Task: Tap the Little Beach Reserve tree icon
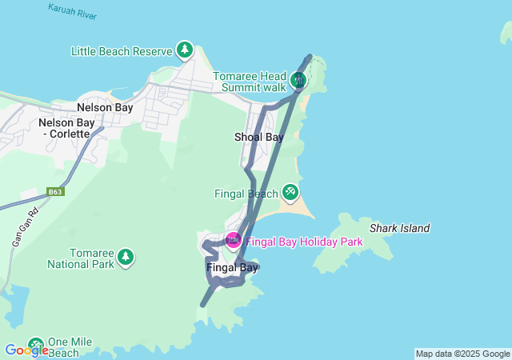(186, 50)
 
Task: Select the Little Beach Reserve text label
(122, 51)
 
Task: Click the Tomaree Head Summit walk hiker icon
(298, 79)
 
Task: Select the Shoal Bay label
(258, 137)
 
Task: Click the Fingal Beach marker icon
(290, 192)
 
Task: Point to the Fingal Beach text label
(246, 194)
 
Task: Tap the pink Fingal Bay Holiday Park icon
(233, 239)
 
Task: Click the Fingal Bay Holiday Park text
(304, 241)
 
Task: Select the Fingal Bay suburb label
(232, 267)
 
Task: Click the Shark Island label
(399, 228)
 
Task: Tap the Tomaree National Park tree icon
(126, 257)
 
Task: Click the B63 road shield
(54, 192)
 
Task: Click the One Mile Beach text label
(70, 346)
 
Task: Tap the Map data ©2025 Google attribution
(462, 354)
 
